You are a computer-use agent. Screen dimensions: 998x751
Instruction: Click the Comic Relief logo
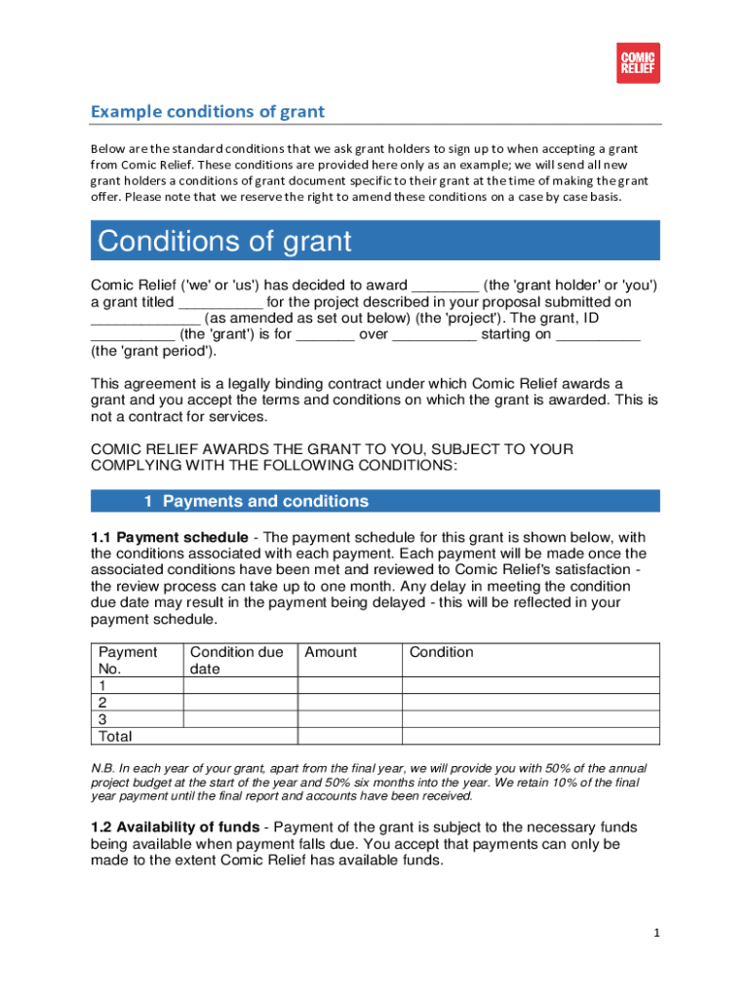(638, 63)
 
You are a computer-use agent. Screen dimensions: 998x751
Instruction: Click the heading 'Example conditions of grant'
(207, 111)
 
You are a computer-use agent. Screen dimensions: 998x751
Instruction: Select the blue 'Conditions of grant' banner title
(224, 241)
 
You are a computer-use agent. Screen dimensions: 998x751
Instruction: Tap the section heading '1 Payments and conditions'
(256, 502)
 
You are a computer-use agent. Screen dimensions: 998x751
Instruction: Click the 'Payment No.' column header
(127, 660)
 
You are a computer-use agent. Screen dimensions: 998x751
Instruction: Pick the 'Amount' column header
(331, 652)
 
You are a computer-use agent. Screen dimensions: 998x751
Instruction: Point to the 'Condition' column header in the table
(441, 652)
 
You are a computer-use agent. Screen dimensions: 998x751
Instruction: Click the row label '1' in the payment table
(103, 686)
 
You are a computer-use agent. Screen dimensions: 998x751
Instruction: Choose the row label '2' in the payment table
(103, 703)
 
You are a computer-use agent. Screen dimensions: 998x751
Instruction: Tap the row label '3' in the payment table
(103, 719)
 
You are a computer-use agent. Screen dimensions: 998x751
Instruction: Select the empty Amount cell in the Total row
(348, 736)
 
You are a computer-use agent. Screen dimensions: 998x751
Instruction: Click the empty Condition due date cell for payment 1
(240, 686)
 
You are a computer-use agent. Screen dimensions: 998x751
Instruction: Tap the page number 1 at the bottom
(657, 933)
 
